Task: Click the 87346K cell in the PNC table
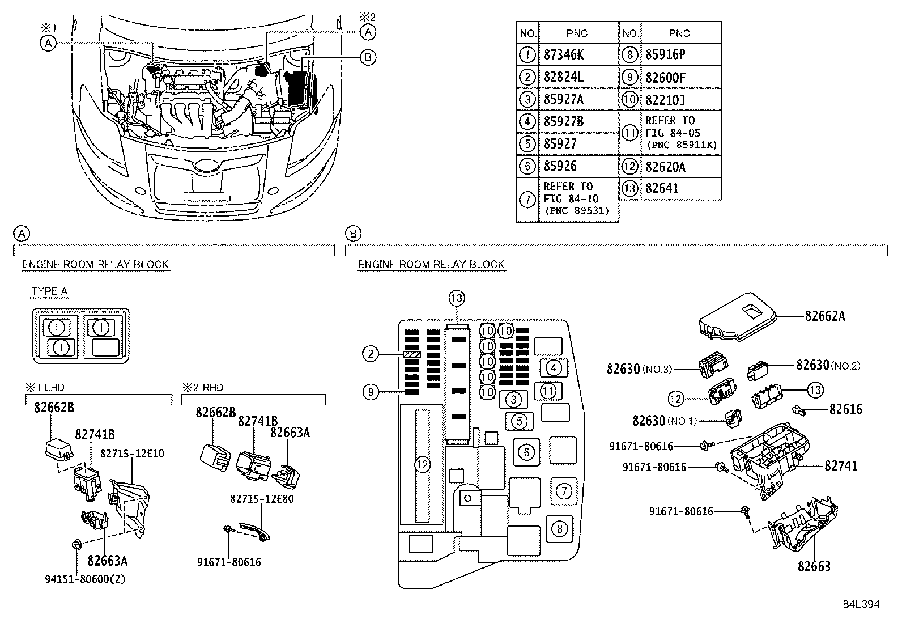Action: click(x=563, y=55)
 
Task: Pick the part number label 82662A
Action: click(x=824, y=317)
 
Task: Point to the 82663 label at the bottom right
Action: click(x=814, y=566)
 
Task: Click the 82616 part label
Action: click(x=845, y=409)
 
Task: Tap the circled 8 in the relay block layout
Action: click(x=559, y=529)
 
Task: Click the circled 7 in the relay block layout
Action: click(x=564, y=490)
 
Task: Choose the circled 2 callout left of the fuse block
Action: click(x=370, y=354)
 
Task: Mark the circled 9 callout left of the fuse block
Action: click(x=370, y=391)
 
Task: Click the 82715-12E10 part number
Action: click(x=132, y=454)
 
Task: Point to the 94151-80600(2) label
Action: click(x=84, y=579)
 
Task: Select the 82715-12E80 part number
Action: click(x=262, y=499)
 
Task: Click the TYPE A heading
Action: click(x=50, y=291)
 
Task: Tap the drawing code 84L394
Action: click(x=861, y=604)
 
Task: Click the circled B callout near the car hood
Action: click(x=367, y=57)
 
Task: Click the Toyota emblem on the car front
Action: click(x=206, y=166)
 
